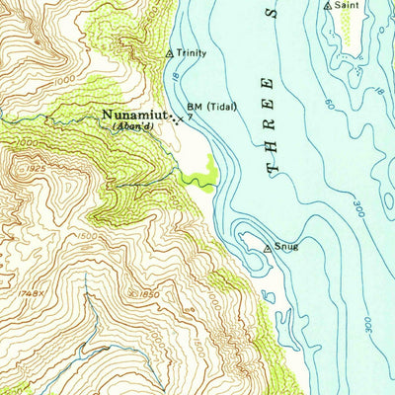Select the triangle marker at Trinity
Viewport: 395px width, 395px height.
tap(170, 52)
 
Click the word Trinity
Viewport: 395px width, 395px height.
tap(191, 53)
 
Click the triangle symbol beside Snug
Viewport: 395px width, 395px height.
tap(267, 250)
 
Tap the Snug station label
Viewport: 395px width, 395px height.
tap(285, 247)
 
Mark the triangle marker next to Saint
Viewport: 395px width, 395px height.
tap(328, 6)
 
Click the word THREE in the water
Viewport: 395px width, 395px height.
tap(271, 125)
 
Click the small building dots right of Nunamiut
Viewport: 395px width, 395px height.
tap(176, 121)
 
